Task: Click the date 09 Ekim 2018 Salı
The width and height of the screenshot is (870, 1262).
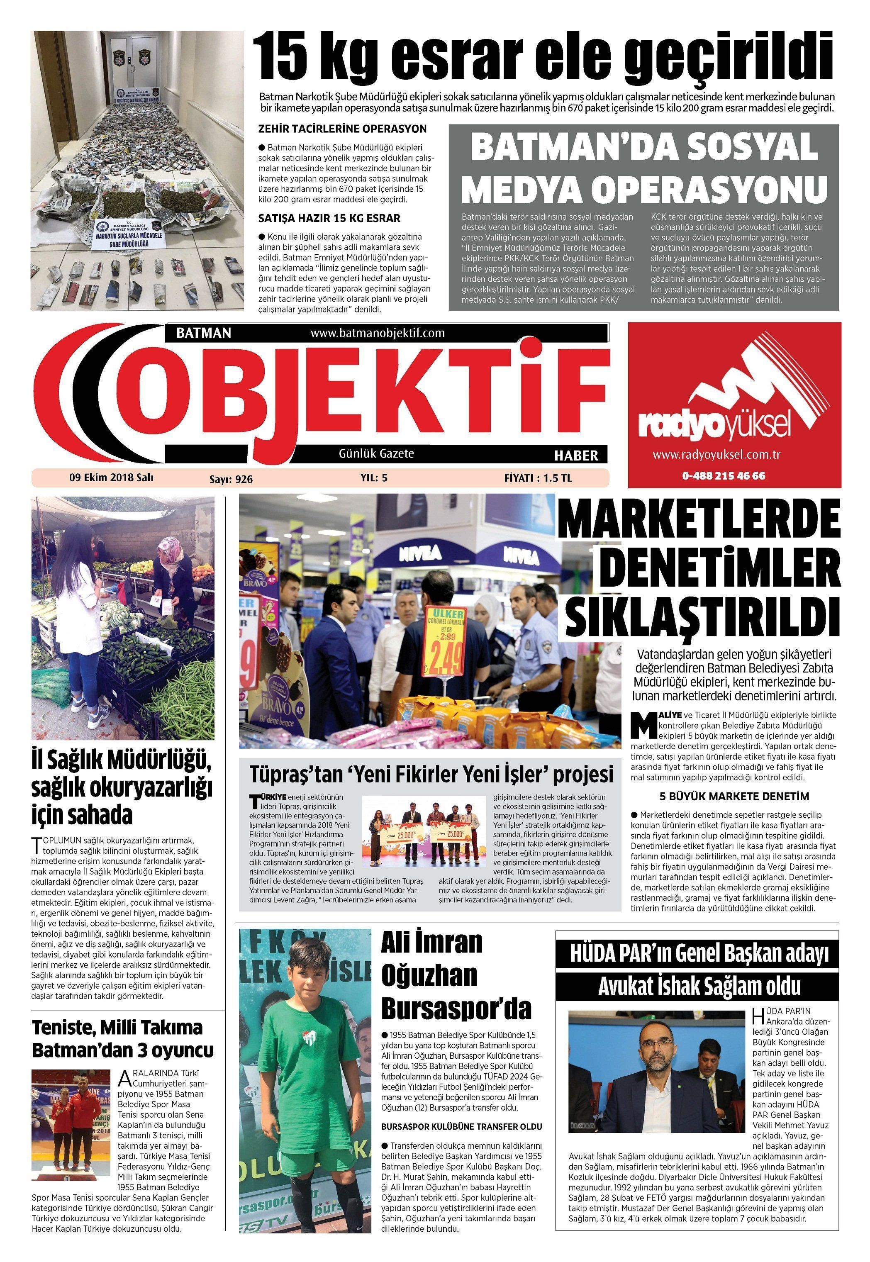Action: pos(111,478)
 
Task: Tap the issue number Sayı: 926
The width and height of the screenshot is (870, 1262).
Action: pos(231,479)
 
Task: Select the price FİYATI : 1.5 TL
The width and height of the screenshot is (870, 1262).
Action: pos(538,478)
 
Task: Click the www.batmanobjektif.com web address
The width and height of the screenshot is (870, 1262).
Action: pos(377,333)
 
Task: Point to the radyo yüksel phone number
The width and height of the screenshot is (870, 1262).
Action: pos(724,475)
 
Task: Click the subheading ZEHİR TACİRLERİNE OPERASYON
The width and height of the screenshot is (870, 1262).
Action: pos(342,129)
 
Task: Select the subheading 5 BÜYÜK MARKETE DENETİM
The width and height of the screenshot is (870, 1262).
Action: pos(734,796)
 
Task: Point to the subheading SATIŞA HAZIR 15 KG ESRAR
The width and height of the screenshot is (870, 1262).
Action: pos(329,219)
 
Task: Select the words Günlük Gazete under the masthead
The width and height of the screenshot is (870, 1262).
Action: pos(376,453)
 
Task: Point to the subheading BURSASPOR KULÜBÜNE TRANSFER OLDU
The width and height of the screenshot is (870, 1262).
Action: pos(461,1127)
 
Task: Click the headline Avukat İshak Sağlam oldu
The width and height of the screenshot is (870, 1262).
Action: pos(699,986)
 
